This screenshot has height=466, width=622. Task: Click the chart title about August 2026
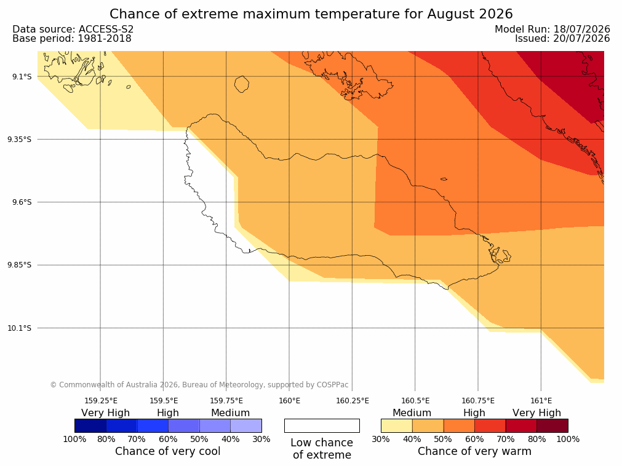(311, 14)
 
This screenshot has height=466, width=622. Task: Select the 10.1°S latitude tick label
(20, 328)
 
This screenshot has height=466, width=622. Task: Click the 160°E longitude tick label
(289, 401)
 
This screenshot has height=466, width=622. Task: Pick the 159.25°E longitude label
(101, 401)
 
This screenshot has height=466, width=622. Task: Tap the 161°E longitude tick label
(541, 401)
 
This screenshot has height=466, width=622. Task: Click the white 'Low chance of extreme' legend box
(322, 425)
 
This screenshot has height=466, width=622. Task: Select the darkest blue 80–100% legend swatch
(90, 425)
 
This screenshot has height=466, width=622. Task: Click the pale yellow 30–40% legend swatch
(397, 425)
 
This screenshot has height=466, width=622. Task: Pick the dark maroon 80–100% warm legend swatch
(552, 425)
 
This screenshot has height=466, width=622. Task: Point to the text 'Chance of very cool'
(168, 451)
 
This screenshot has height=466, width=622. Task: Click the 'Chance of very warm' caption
(474, 451)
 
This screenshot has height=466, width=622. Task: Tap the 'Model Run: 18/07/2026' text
(552, 30)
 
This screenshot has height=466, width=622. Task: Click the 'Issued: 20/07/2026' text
(562, 39)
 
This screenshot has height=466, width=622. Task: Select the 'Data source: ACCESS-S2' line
(73, 30)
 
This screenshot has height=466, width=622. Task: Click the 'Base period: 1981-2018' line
(72, 39)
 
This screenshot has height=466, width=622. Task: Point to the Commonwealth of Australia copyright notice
(199, 385)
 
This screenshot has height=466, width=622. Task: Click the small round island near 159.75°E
(242, 84)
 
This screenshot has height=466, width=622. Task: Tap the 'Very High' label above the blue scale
(106, 413)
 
